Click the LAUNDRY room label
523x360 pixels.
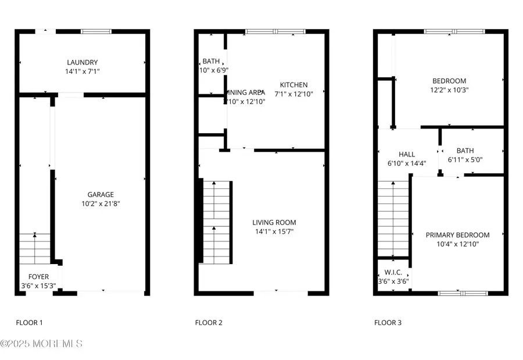click(x=82, y=63)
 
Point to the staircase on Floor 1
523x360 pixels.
click(x=35, y=248)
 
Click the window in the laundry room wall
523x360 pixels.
click(x=96, y=31)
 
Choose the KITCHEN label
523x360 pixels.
click(x=293, y=85)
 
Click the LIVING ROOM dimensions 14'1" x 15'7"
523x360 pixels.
click(x=274, y=231)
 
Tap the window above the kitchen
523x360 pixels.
click(x=267, y=31)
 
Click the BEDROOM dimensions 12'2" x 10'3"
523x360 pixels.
click(x=449, y=90)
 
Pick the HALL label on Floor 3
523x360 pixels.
click(x=407, y=155)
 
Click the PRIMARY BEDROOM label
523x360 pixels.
click(x=457, y=235)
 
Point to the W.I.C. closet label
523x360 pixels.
click(x=393, y=273)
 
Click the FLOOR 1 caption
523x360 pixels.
click(x=28, y=323)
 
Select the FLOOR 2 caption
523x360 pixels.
click(x=208, y=323)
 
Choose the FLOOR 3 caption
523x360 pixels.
click(x=388, y=323)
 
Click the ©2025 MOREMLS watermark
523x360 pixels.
click(x=41, y=344)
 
